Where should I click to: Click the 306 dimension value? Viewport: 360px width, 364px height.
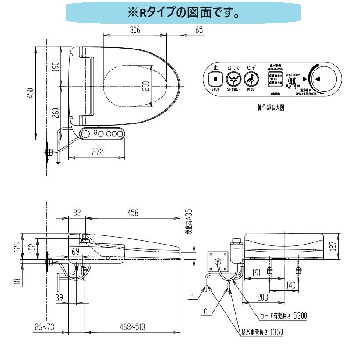point(135,30)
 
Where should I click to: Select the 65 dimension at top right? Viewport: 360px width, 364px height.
point(199,30)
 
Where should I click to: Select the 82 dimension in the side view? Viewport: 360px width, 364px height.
point(77,213)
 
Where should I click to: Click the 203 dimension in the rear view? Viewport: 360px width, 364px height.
point(262,297)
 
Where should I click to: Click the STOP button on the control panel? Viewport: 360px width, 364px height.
point(215,80)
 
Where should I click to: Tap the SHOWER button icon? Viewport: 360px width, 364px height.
point(233,80)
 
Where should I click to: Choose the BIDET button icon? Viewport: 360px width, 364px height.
point(251,80)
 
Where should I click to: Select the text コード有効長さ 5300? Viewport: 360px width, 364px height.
point(283,316)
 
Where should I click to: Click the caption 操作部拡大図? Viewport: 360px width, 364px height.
point(271,107)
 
